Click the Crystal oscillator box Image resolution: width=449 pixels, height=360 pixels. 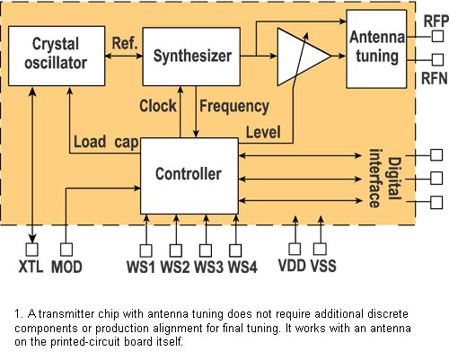[x=57, y=56]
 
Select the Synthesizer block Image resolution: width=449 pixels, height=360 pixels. [x=191, y=57]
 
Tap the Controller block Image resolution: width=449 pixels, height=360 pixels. [x=189, y=176]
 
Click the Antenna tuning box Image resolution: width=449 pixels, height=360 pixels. [x=376, y=49]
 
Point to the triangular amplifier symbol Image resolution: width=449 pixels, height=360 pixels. [x=304, y=57]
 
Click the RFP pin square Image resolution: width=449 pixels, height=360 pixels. [x=437, y=36]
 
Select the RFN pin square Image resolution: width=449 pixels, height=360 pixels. [x=437, y=60]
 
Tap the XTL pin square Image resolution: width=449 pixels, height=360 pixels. [x=32, y=250]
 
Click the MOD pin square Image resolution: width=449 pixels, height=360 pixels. [x=66, y=250]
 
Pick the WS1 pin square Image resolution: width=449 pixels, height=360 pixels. [x=145, y=250]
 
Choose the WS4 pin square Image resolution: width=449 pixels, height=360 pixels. [x=235, y=250]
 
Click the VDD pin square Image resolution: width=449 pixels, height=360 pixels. [x=295, y=249]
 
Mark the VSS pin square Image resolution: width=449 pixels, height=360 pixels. [x=320, y=249]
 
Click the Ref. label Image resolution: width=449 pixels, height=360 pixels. [x=125, y=43]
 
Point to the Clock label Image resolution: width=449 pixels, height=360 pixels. [x=158, y=106]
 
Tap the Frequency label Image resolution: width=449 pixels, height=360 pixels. [x=234, y=107]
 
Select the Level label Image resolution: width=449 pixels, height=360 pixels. [x=263, y=132]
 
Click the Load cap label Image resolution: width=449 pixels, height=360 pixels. [x=106, y=142]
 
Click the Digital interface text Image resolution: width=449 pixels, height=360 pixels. [x=385, y=179]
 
